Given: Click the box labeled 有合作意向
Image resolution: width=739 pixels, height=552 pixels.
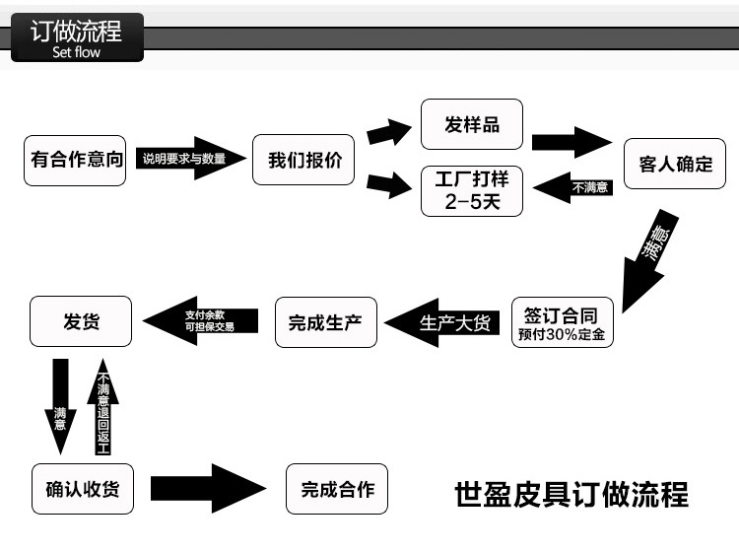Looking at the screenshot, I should coord(77,159).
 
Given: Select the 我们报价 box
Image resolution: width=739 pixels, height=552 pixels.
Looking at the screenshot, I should coord(303,159).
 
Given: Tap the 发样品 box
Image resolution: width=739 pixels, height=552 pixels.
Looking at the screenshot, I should coord(472,124).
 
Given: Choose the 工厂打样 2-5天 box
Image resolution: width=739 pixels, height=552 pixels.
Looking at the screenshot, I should coord(472,190).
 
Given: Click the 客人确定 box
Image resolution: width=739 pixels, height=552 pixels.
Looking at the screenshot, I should coord(675,164).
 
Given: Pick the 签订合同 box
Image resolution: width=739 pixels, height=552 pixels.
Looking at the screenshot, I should coord(562,322).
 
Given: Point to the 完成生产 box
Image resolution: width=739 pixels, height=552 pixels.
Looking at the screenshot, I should coord(325,322).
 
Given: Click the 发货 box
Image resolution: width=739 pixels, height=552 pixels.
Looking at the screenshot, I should coord(81,321).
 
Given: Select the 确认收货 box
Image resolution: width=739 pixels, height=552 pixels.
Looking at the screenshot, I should coord(82,489).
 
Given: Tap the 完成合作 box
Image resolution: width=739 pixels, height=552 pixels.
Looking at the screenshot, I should coord(337,489).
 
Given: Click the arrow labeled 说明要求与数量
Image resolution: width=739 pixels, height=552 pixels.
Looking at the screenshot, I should coord(189,159).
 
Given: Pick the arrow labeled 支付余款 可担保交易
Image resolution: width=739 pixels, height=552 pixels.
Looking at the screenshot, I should coord(202,320).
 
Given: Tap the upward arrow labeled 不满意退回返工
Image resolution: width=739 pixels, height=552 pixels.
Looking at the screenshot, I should coord(103,409).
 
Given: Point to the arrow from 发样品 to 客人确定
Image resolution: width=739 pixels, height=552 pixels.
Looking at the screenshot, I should coord(571,141).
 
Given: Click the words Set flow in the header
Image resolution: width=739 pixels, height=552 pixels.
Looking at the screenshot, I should coord(76,52).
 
